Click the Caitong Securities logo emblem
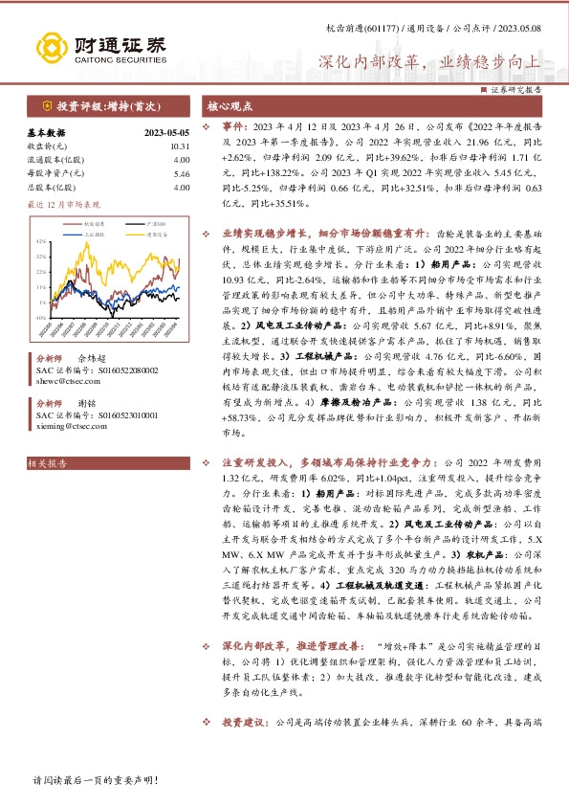click(x=49, y=46)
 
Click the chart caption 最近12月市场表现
click(x=63, y=204)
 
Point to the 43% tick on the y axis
click(x=42, y=241)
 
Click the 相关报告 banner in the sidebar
click(x=49, y=464)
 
